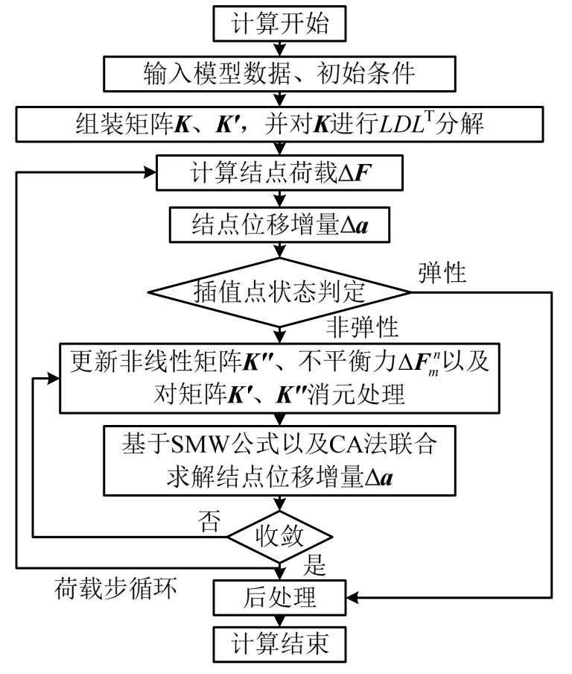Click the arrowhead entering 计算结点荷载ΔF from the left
(148, 174)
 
